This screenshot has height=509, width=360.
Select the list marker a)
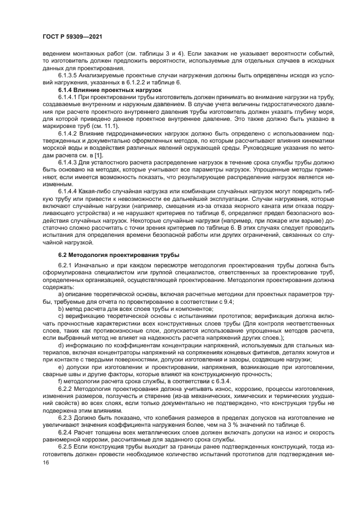tap(60, 293)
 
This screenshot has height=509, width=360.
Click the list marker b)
tap(60, 308)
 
